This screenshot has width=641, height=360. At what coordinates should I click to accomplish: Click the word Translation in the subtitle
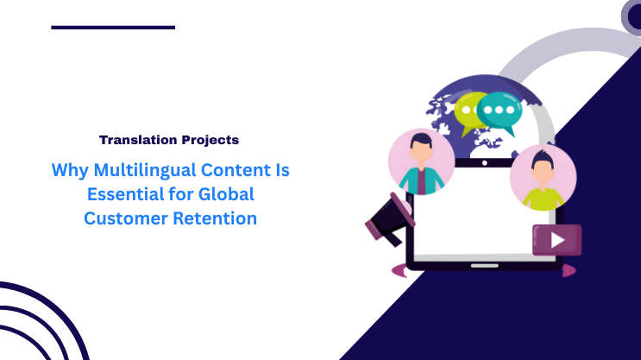132,139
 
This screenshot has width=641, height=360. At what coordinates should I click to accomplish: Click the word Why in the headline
70,170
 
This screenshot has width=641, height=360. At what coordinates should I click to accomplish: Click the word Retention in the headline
214,218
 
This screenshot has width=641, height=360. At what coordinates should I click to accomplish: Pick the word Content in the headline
238,170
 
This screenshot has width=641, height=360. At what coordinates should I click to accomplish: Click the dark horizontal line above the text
113,28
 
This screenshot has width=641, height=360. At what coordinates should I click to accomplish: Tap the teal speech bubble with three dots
500,111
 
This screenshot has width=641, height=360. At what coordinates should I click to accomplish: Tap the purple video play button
556,239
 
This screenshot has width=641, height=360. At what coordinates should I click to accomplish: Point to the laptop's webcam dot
484,162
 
